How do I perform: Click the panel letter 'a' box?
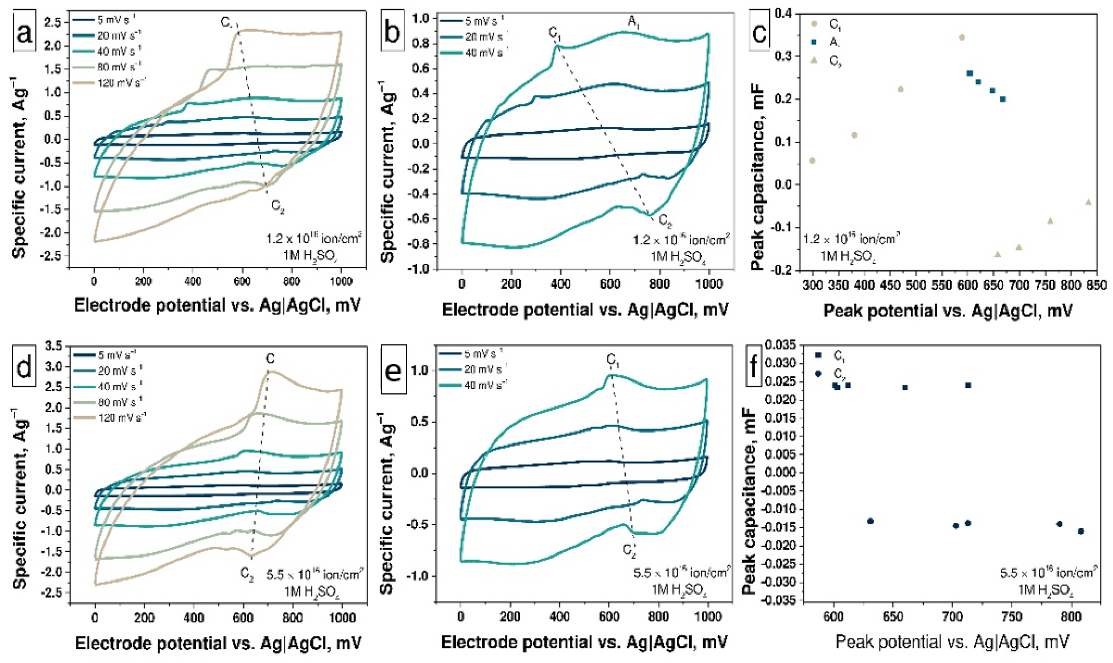[25, 34]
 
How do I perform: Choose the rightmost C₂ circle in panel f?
[1081, 531]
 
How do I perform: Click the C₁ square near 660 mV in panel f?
[905, 387]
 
